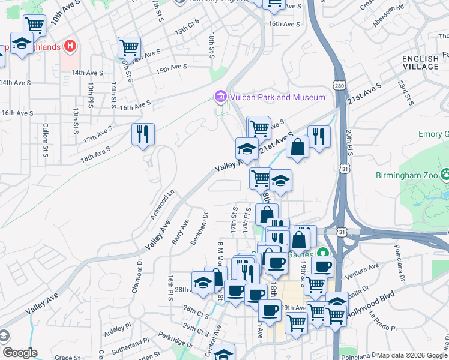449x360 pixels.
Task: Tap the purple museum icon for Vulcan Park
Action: [x=220, y=97]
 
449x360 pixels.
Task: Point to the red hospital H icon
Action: [x=71, y=45]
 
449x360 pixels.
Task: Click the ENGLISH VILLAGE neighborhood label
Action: [x=420, y=62]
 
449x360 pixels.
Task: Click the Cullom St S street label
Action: [x=45, y=140]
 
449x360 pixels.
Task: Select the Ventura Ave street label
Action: [x=365, y=266]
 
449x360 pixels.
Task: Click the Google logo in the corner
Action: [x=20, y=353]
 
